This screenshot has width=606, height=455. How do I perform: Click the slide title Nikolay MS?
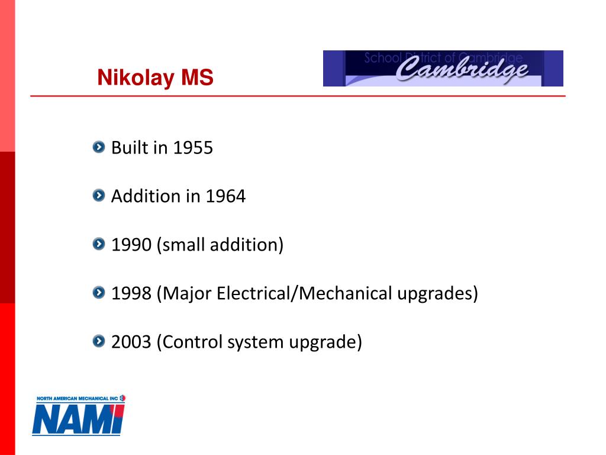tap(155, 78)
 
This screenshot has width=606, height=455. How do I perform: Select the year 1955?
tap(193, 148)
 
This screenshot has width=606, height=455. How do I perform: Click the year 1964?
tap(225, 196)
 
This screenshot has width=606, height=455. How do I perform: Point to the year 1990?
tap(131, 245)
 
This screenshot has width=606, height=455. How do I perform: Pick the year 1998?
tap(131, 293)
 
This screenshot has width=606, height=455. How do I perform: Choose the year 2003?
tap(131, 342)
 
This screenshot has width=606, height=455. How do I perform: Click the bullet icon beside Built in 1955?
tap(98, 146)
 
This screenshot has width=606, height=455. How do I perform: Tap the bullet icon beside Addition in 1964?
tap(98, 195)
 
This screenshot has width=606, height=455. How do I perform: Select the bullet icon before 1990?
tap(98, 243)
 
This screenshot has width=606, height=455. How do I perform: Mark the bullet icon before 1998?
tap(98, 292)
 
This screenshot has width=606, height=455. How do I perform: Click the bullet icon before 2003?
tap(98, 341)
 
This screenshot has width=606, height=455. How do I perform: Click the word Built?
tap(130, 148)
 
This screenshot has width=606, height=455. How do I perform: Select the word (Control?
tap(190, 342)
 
